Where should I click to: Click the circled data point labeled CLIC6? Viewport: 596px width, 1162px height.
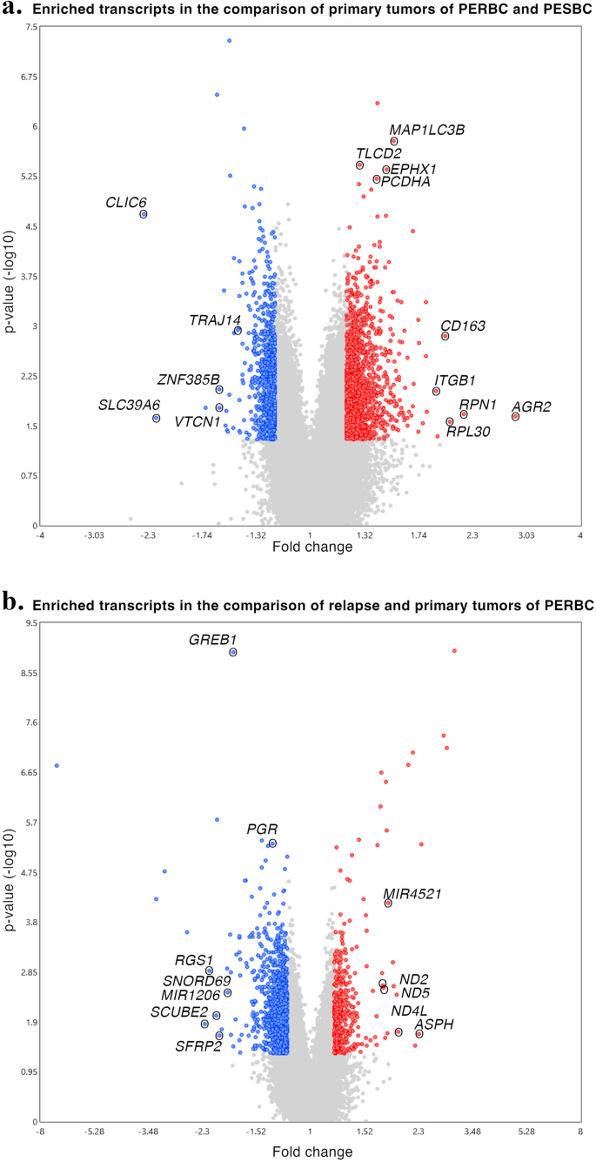click(144, 214)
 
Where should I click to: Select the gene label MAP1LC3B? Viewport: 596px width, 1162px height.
click(426, 130)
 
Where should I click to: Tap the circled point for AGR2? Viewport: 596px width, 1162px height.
click(515, 417)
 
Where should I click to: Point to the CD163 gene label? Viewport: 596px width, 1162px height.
click(462, 326)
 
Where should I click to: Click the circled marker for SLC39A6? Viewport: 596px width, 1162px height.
click(157, 419)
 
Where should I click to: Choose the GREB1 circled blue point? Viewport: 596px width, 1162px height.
click(233, 652)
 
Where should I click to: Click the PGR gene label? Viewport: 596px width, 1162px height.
click(262, 830)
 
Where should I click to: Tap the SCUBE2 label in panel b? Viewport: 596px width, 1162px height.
click(177, 1011)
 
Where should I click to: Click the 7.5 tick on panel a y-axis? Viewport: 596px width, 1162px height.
click(31, 27)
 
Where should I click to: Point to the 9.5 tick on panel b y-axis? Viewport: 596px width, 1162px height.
click(31, 623)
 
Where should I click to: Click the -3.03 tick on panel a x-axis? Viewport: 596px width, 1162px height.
click(94, 534)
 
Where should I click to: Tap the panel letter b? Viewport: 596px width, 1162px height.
click(13, 601)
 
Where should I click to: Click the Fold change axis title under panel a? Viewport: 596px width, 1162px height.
click(312, 547)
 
